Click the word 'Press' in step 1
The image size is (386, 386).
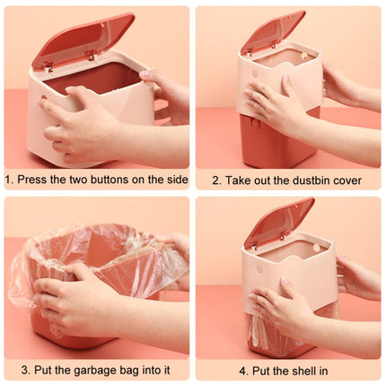(x=33, y=180)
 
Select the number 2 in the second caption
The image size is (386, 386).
(x=215, y=180)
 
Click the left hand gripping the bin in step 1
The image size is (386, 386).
(x=76, y=126)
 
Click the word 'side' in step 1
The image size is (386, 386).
(x=176, y=180)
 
